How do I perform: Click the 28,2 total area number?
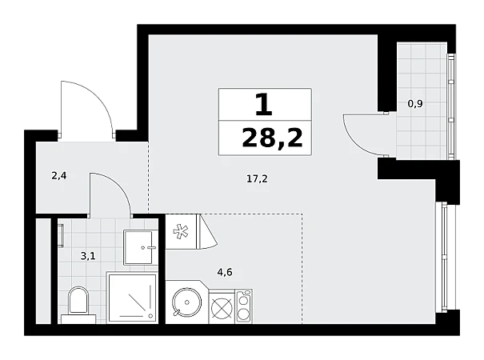click(x=272, y=138)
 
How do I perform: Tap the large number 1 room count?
click(x=264, y=105)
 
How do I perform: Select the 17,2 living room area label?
click(x=257, y=178)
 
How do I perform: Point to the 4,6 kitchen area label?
click(x=225, y=272)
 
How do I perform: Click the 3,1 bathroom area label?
click(x=88, y=256)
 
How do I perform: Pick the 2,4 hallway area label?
click(x=59, y=176)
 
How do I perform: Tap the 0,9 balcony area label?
click(x=415, y=104)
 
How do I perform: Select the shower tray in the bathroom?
click(x=132, y=298)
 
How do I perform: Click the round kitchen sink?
click(x=186, y=302)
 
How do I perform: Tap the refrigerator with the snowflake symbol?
click(x=181, y=231)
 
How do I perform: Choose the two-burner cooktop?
click(x=243, y=306)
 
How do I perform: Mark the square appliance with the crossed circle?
click(x=222, y=308)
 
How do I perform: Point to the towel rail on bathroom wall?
click(x=62, y=236)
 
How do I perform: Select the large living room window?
click(x=443, y=257)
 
